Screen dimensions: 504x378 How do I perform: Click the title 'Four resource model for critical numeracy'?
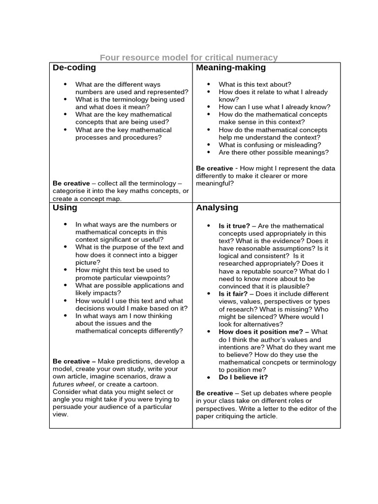[189, 58]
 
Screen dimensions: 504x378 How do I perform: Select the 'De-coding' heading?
[74, 68]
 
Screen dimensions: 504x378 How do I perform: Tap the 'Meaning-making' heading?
[231, 68]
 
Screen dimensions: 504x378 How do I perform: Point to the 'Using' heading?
[65, 208]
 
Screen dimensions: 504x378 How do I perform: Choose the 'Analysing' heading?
[217, 208]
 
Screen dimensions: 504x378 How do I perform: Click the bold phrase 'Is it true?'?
[234, 226]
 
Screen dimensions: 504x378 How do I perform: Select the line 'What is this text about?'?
[254, 84]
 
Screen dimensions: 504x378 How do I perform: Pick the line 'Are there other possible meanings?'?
[274, 153]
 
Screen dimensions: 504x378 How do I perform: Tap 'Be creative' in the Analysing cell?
[214, 393]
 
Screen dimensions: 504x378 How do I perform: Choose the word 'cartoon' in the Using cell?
[146, 384]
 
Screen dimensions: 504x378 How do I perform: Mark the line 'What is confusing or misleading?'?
[270, 145]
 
